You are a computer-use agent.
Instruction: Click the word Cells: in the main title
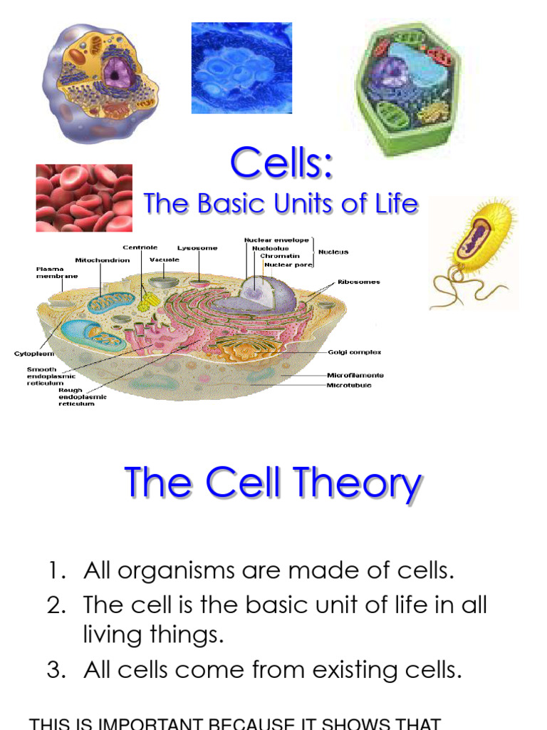(x=281, y=163)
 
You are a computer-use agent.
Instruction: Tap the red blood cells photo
(x=84, y=197)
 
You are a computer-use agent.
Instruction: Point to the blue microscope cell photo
(x=241, y=68)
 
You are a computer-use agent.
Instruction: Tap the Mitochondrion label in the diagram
(x=103, y=260)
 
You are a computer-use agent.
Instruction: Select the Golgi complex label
(x=354, y=352)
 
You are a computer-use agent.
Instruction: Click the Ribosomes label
(x=358, y=282)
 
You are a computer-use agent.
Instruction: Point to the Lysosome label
(x=197, y=248)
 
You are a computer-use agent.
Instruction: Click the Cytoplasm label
(x=34, y=354)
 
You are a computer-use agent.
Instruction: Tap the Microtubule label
(x=349, y=386)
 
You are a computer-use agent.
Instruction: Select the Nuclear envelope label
(x=276, y=240)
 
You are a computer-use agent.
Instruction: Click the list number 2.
(x=56, y=605)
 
